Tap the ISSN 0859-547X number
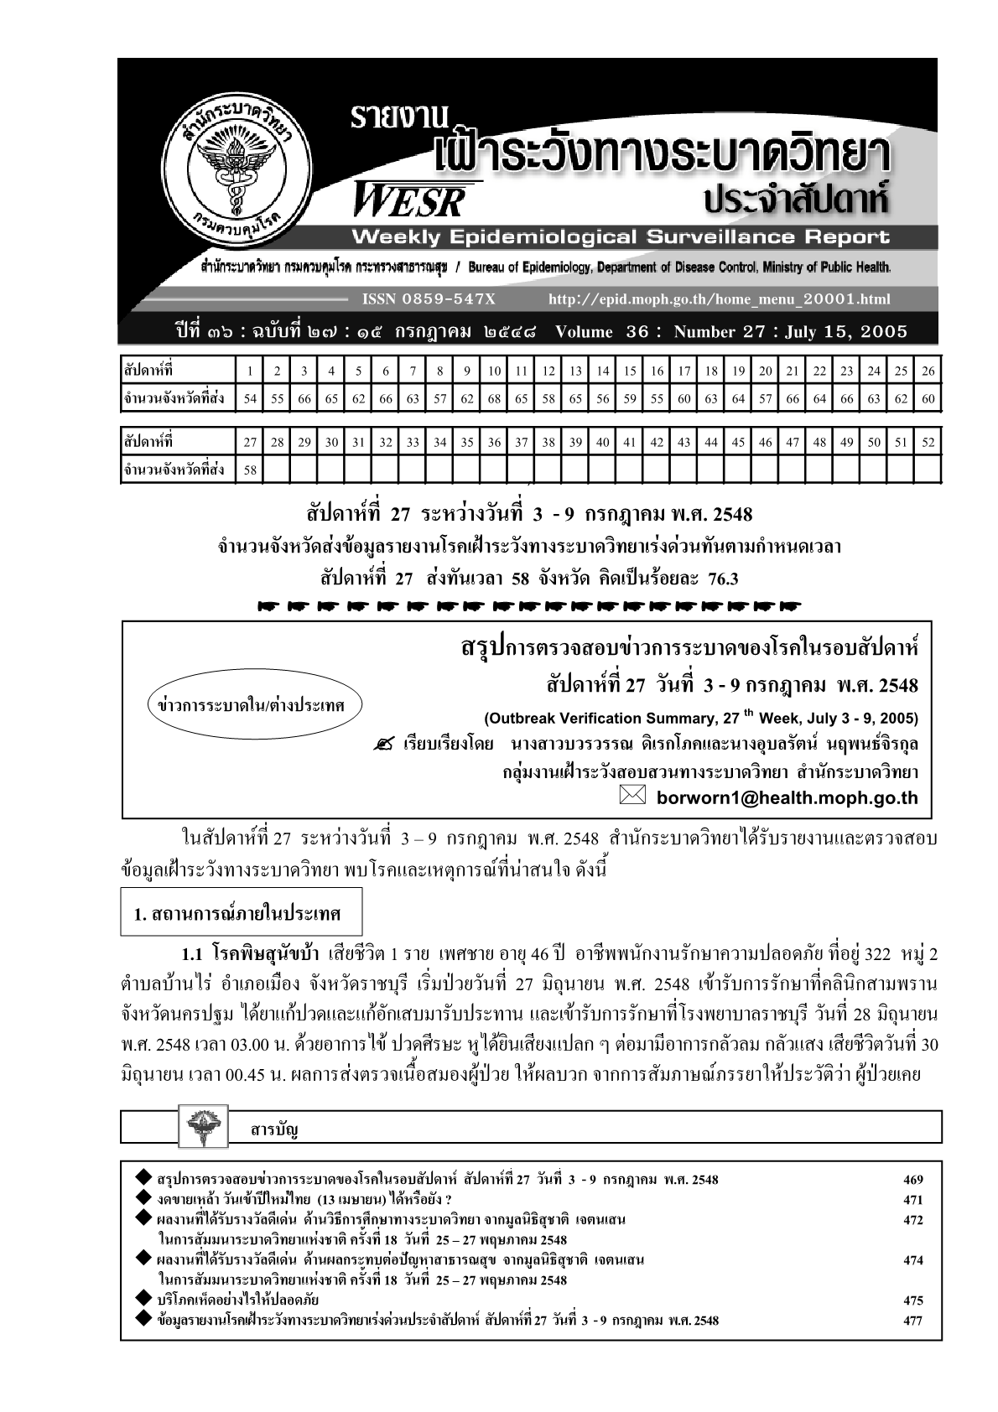coord(429,299)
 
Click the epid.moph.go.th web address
coord(719,299)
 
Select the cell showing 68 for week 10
coord(495,398)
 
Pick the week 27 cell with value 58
coord(250,470)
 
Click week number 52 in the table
coord(928,442)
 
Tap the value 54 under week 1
coord(250,398)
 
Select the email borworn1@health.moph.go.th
coord(787,797)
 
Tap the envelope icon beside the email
coord(633,797)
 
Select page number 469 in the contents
coord(912,1180)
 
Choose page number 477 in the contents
coord(912,1321)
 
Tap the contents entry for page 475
coord(238,1300)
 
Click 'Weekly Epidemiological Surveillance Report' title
coord(621,237)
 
